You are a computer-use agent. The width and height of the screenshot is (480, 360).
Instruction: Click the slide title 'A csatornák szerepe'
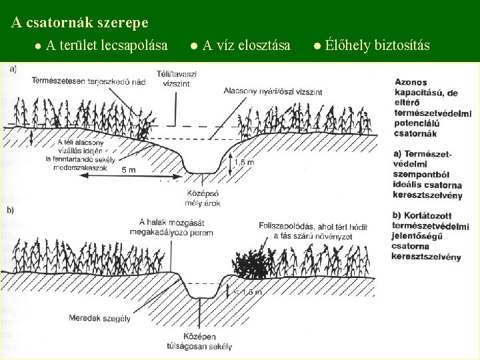pyautogui.click(x=80, y=23)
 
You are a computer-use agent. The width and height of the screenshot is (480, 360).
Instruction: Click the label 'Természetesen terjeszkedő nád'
pyautogui.click(x=89, y=81)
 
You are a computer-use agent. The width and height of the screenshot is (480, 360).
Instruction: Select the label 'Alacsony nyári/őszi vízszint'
pyautogui.click(x=273, y=91)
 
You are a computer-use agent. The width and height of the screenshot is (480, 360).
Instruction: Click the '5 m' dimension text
pyautogui.click(x=129, y=170)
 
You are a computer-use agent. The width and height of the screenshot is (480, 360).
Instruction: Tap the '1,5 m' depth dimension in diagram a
pyautogui.click(x=245, y=162)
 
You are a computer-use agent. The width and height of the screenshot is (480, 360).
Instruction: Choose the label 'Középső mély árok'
pyautogui.click(x=205, y=197)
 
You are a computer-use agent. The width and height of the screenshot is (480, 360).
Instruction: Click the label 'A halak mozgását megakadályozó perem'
pyautogui.click(x=176, y=227)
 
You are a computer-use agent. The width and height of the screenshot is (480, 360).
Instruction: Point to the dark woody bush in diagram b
pyautogui.click(x=250, y=265)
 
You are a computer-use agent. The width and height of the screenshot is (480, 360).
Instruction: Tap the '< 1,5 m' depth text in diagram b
pyautogui.click(x=248, y=291)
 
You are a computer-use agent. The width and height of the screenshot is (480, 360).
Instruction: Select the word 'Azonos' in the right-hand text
pyautogui.click(x=411, y=82)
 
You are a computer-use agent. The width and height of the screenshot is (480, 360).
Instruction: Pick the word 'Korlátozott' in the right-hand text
pyautogui.click(x=433, y=217)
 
